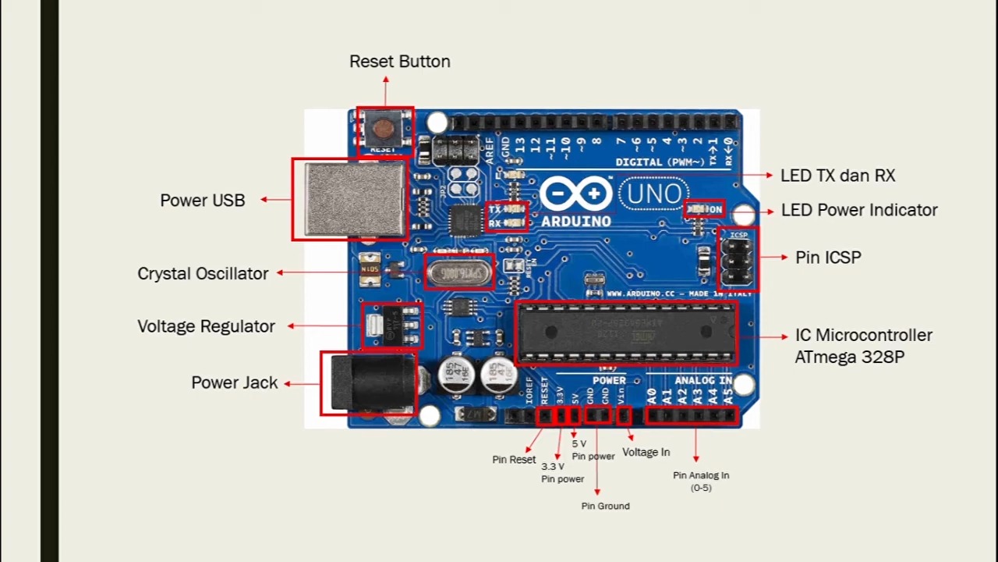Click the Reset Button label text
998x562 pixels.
coord(399,62)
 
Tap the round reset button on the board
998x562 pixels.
coord(383,129)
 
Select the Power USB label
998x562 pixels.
coord(202,201)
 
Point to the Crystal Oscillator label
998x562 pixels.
coord(203,274)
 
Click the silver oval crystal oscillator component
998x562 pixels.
coord(459,272)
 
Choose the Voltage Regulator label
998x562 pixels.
coord(206,326)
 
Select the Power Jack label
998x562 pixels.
coord(234,382)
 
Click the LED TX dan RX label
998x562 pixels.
coord(837,176)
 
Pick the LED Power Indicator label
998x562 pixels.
coord(858,210)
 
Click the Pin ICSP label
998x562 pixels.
coord(827,258)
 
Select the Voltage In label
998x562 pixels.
coord(646,452)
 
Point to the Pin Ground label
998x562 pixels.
coord(605,506)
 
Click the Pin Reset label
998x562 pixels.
coord(513,460)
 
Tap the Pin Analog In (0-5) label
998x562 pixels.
coord(701,481)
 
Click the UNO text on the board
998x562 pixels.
coord(653,194)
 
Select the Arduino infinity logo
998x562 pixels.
coord(575,194)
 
